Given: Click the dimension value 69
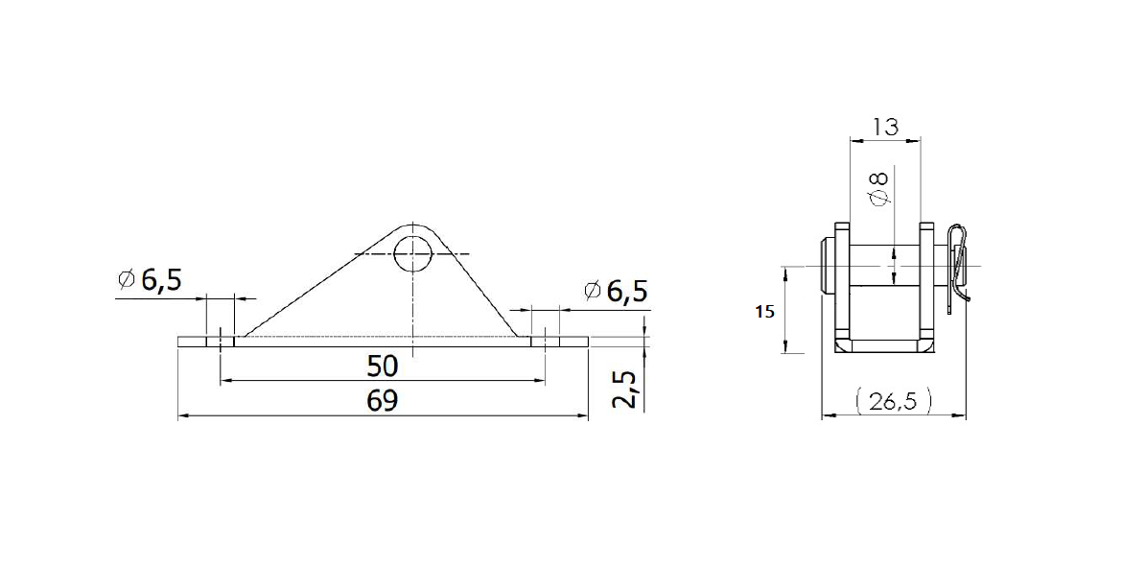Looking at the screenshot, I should (382, 400).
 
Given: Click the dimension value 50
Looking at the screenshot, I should (382, 366).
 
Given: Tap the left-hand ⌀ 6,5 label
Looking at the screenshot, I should (149, 281).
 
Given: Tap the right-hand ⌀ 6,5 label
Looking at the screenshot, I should (615, 291).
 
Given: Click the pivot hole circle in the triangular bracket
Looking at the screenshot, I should (413, 252).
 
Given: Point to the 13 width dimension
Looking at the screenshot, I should (884, 125).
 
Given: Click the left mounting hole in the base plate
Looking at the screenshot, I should (221, 339).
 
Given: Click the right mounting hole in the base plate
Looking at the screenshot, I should (545, 339).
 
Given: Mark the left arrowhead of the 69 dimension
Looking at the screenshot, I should (184, 415).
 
